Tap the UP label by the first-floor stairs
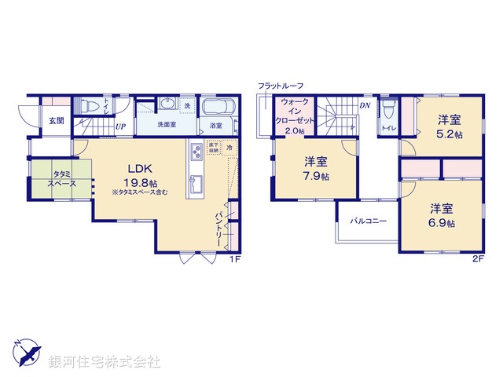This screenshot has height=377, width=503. (x=122, y=126)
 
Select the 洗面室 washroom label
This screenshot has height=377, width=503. (x=166, y=124)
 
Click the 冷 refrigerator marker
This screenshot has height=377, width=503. (x=229, y=147)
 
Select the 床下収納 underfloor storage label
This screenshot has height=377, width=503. (x=213, y=148)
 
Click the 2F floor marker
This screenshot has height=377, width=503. (x=477, y=258)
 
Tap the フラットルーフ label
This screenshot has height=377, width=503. (x=280, y=85)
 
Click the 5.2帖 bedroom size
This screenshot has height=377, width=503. (x=450, y=134)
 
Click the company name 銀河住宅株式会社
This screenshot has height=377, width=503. (x=104, y=361)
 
